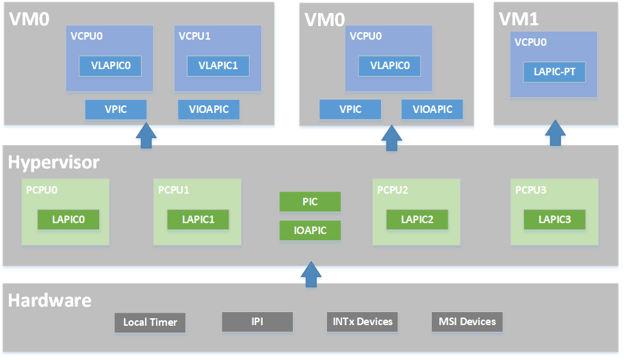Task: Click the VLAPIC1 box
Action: click(x=218, y=66)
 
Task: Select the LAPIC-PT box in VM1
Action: click(x=554, y=72)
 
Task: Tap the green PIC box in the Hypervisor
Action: click(x=310, y=202)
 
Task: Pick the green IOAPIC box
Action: click(x=310, y=231)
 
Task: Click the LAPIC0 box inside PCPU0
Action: click(x=68, y=220)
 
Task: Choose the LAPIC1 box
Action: click(x=198, y=220)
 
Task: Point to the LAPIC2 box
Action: click(x=417, y=220)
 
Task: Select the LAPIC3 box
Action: click(x=554, y=220)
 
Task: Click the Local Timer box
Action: click(x=150, y=322)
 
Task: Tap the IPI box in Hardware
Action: click(x=257, y=322)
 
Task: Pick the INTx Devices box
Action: click(x=363, y=322)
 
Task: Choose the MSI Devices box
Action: click(x=467, y=322)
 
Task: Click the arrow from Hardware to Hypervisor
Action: click(x=311, y=274)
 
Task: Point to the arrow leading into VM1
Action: click(x=555, y=133)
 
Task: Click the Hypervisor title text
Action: click(x=54, y=162)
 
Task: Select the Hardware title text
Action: click(x=50, y=300)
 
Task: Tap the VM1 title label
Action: click(x=519, y=19)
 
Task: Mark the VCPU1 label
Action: click(x=194, y=36)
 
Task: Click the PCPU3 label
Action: click(x=531, y=190)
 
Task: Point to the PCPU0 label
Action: click(x=42, y=190)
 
